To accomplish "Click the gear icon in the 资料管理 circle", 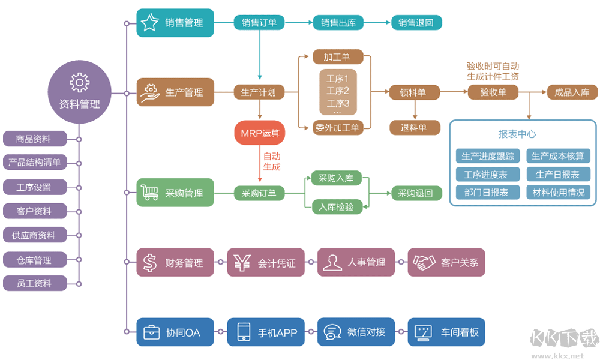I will click(80, 82).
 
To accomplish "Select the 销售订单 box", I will click(259, 23).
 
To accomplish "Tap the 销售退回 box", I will click(416, 23).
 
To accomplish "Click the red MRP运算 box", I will click(260, 133).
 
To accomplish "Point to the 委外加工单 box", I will click(337, 127).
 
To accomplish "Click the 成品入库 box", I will click(572, 92).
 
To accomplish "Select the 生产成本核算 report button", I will click(557, 157).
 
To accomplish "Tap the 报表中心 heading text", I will click(517, 134).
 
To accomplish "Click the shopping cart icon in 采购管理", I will click(149, 193).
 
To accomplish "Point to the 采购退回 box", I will click(416, 193).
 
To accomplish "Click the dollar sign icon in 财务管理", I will click(149, 262).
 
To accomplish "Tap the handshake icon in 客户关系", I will click(424, 262).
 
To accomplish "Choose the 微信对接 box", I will click(356, 332).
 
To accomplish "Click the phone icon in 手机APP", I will click(243, 332).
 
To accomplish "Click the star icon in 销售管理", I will click(149, 23).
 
